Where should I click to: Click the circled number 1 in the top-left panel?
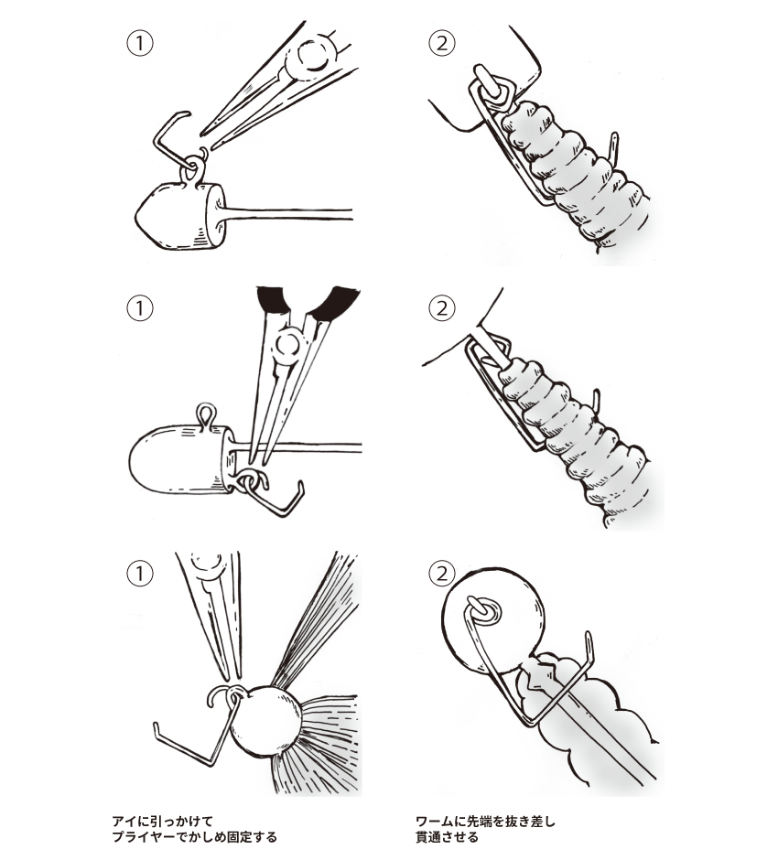138,43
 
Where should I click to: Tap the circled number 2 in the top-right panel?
441,43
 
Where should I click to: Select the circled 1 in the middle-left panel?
138,308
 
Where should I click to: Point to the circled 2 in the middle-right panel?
441,308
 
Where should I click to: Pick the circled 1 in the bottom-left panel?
138,574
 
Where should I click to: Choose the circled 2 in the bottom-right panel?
441,574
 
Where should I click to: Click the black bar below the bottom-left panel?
194,829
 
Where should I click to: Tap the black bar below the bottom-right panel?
485,829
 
